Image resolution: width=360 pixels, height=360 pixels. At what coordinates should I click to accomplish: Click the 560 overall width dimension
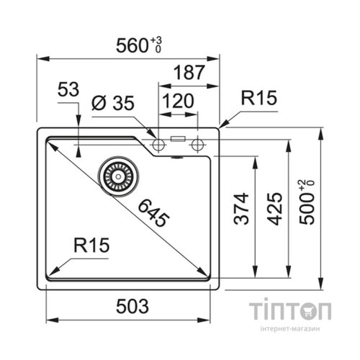tap(132, 45)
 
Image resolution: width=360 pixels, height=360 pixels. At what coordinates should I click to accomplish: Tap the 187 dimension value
tap(189, 72)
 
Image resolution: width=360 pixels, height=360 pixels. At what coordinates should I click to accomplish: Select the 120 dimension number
tap(179, 101)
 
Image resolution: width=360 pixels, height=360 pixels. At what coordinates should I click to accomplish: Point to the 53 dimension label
tap(68, 89)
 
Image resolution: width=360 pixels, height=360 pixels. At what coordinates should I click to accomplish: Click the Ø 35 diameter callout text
tap(113, 103)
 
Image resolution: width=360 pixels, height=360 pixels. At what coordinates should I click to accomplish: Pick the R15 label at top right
tap(259, 98)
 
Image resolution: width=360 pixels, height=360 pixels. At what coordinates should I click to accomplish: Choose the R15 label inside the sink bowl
tap(91, 245)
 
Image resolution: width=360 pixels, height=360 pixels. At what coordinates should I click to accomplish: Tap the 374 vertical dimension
tap(241, 208)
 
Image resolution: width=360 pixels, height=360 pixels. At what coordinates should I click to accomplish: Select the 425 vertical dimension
tap(275, 209)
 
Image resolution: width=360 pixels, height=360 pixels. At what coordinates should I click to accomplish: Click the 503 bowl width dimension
tap(132, 307)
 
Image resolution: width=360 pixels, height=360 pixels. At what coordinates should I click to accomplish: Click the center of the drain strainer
tap(118, 176)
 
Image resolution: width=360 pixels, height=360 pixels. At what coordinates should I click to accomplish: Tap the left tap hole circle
tap(158, 145)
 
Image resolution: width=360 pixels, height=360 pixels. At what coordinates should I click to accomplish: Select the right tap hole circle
tap(197, 145)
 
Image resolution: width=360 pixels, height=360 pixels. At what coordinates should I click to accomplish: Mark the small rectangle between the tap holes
tap(178, 139)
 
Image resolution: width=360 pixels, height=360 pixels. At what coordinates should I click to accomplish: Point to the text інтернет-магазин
tap(290, 328)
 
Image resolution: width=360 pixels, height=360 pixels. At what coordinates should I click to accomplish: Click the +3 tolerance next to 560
tap(156, 40)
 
